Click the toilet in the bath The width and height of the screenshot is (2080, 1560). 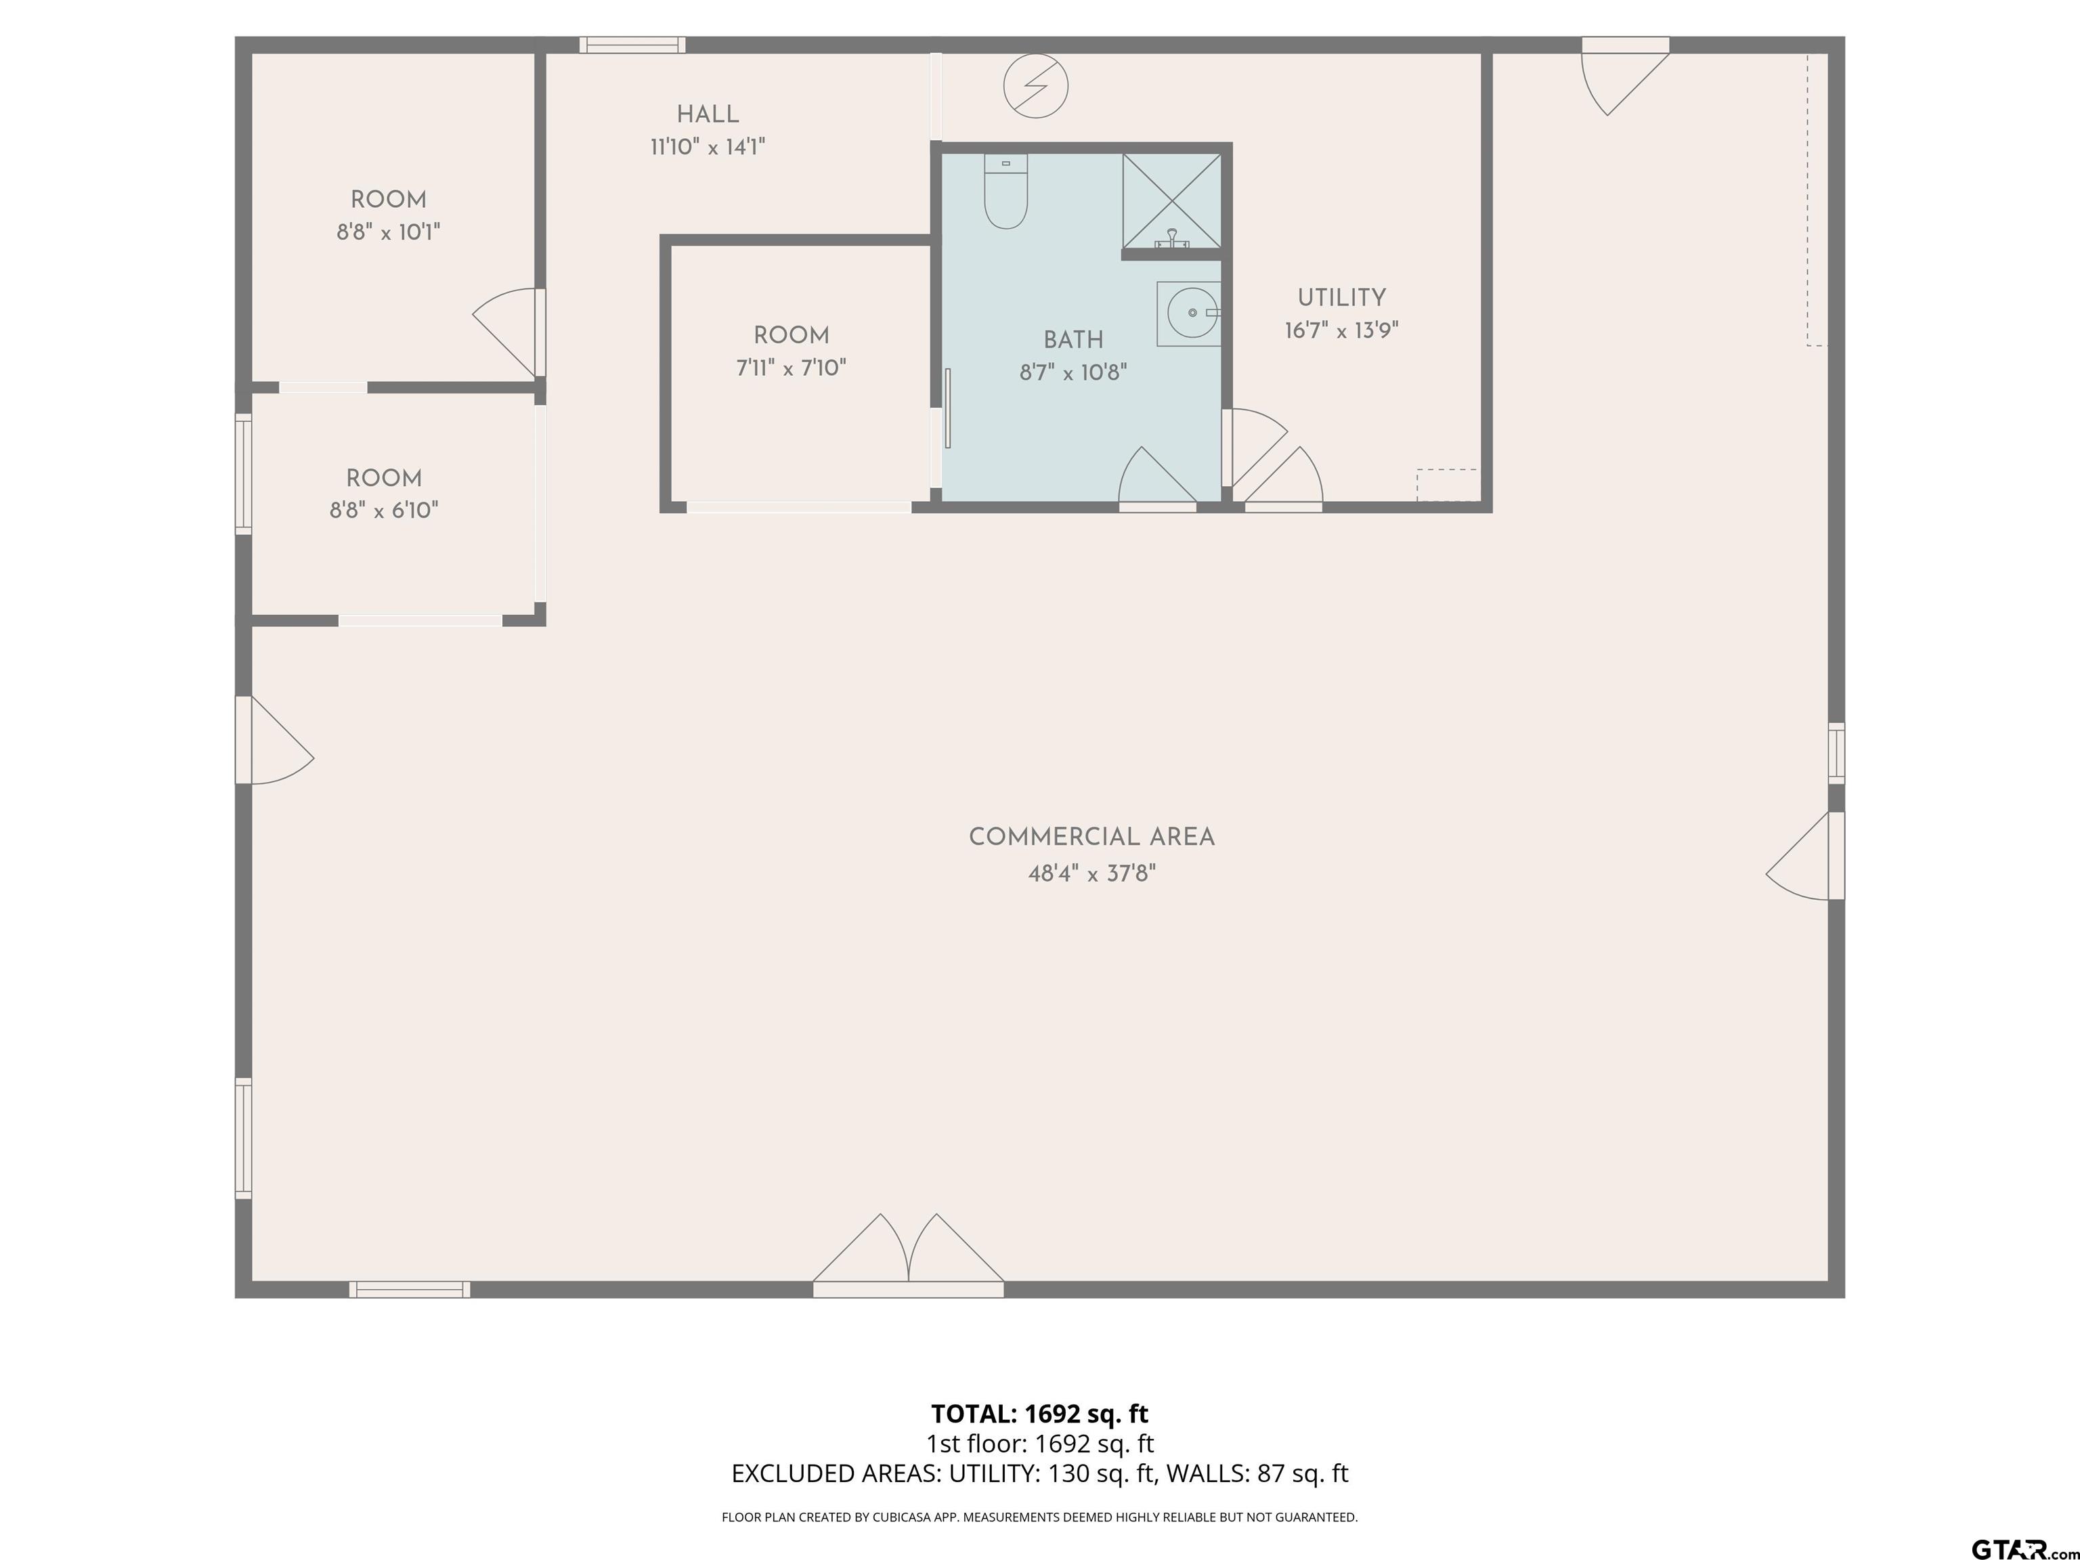pyautogui.click(x=1005, y=192)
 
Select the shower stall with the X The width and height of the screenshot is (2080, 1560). pyautogui.click(x=1171, y=201)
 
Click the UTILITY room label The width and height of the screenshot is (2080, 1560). pyautogui.click(x=1341, y=298)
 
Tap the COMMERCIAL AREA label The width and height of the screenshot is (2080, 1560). pyautogui.click(x=1091, y=837)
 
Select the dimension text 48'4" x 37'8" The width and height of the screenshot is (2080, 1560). pyautogui.click(x=1091, y=873)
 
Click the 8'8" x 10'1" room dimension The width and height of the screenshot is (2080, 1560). pyautogui.click(x=389, y=232)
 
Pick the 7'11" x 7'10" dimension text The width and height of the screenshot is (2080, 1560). pyautogui.click(x=791, y=368)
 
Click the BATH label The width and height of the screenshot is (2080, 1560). pyautogui.click(x=1073, y=339)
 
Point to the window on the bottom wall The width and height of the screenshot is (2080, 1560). pyautogui.click(x=410, y=1289)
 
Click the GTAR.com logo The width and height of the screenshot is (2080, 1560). pyautogui.click(x=2024, y=1548)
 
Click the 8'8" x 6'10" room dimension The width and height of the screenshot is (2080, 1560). pyautogui.click(x=384, y=511)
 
